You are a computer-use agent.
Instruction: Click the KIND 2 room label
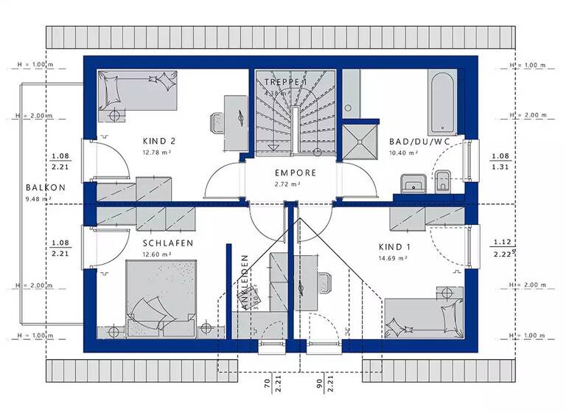tap(158, 141)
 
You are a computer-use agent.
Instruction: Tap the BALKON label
tap(45, 187)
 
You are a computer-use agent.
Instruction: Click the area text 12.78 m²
tap(158, 153)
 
